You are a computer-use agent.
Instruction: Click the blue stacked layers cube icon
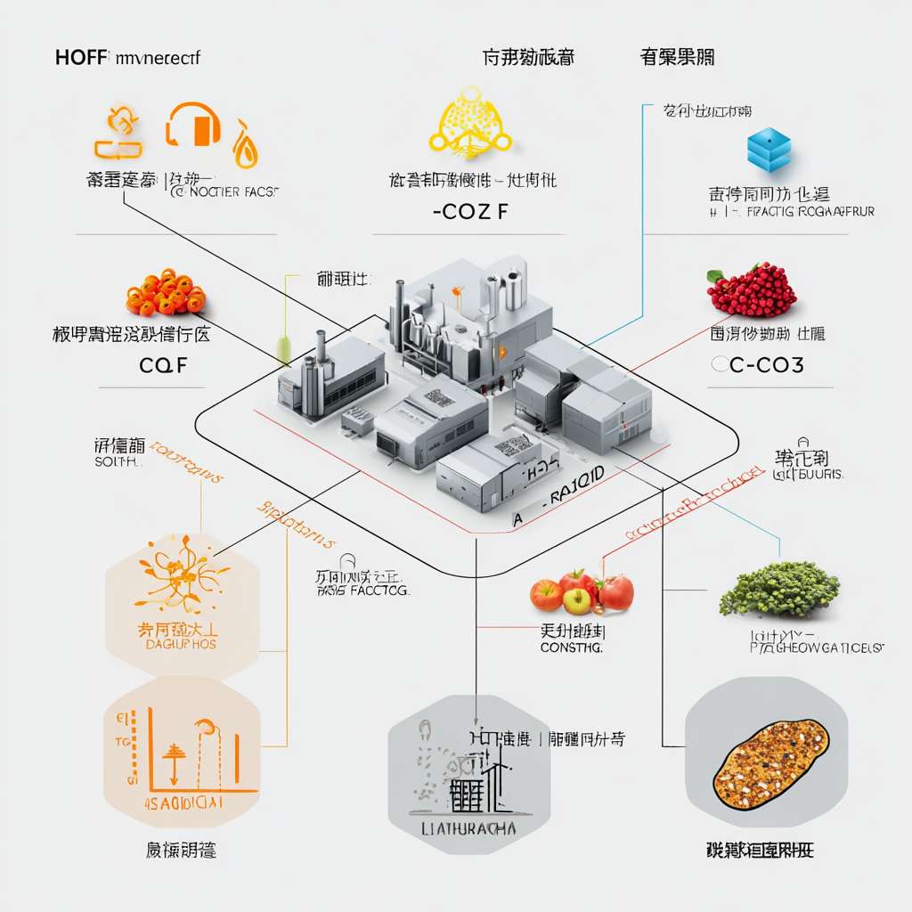(x=769, y=149)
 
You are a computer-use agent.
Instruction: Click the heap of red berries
(x=752, y=289)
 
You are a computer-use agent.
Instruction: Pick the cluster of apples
(x=582, y=591)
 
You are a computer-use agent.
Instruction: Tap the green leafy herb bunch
(x=779, y=588)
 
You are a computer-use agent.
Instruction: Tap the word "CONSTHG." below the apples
(x=572, y=649)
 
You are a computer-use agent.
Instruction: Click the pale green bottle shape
(x=284, y=348)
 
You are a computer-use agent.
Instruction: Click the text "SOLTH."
(x=117, y=463)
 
